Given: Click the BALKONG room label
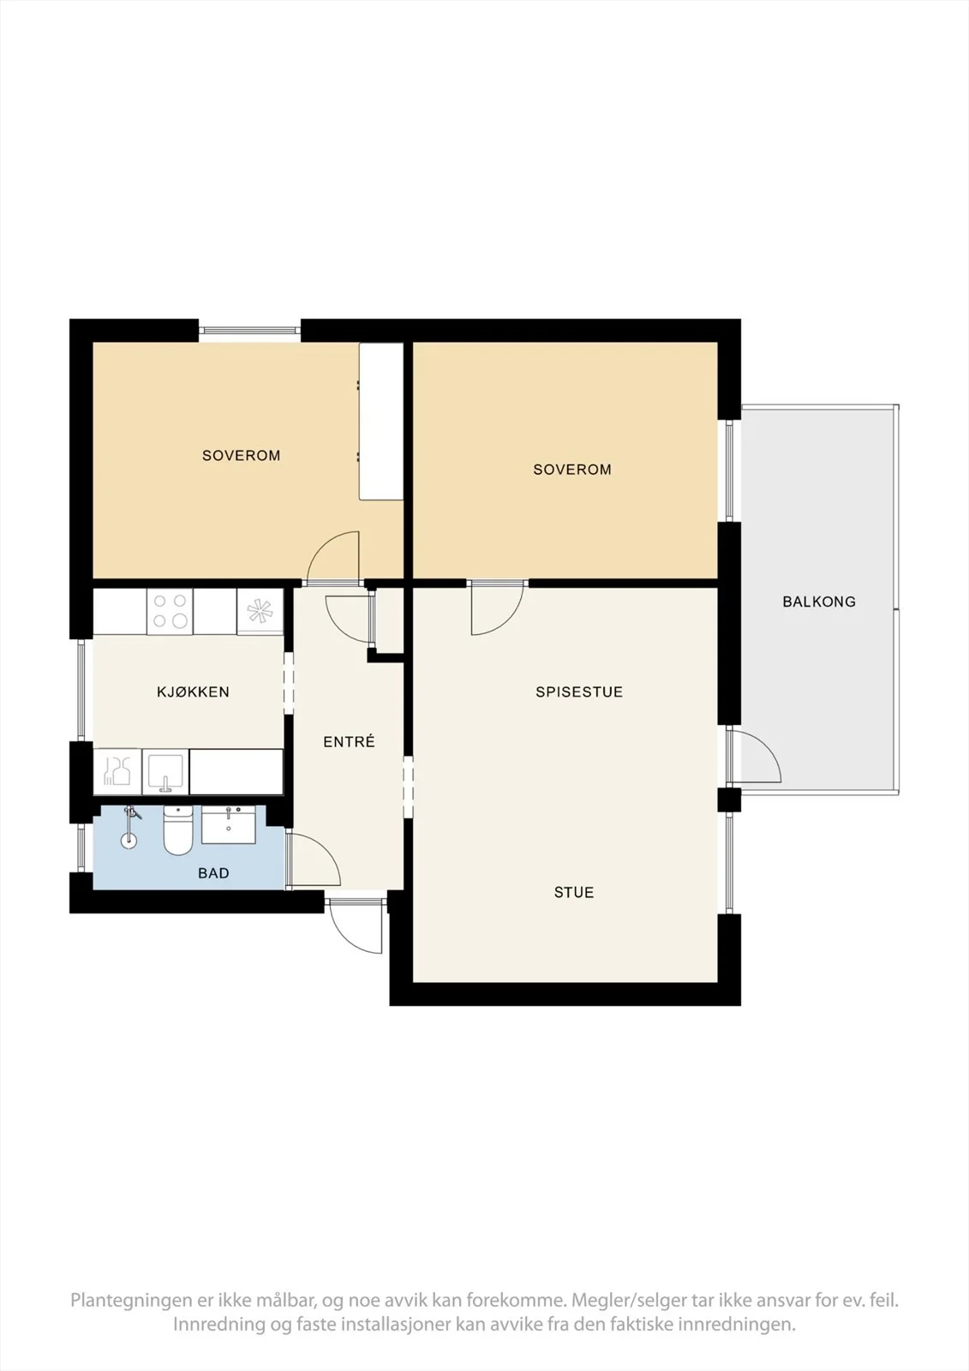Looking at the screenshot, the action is pos(818,602).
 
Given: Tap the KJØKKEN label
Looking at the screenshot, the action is pos(193,691).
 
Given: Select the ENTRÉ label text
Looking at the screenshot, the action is pos(349,742).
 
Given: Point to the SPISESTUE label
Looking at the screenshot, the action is pos(579,691).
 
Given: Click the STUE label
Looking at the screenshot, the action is pos(573,892).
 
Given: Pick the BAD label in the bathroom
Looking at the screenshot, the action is pos(213,873).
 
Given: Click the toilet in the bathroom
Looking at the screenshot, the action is pos(178,830).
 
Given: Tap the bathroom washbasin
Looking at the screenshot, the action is pos(228,825).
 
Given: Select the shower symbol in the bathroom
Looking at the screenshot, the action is pos(129,827).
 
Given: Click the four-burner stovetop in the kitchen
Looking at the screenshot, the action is pos(170,612).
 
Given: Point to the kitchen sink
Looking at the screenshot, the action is pos(165,772).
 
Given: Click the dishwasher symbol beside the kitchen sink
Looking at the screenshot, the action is pos(117,772).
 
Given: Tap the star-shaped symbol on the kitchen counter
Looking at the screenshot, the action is pos(260,612).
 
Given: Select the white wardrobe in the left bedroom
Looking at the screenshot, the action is pos(380,422).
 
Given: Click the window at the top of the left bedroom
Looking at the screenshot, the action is pos(250,331).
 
